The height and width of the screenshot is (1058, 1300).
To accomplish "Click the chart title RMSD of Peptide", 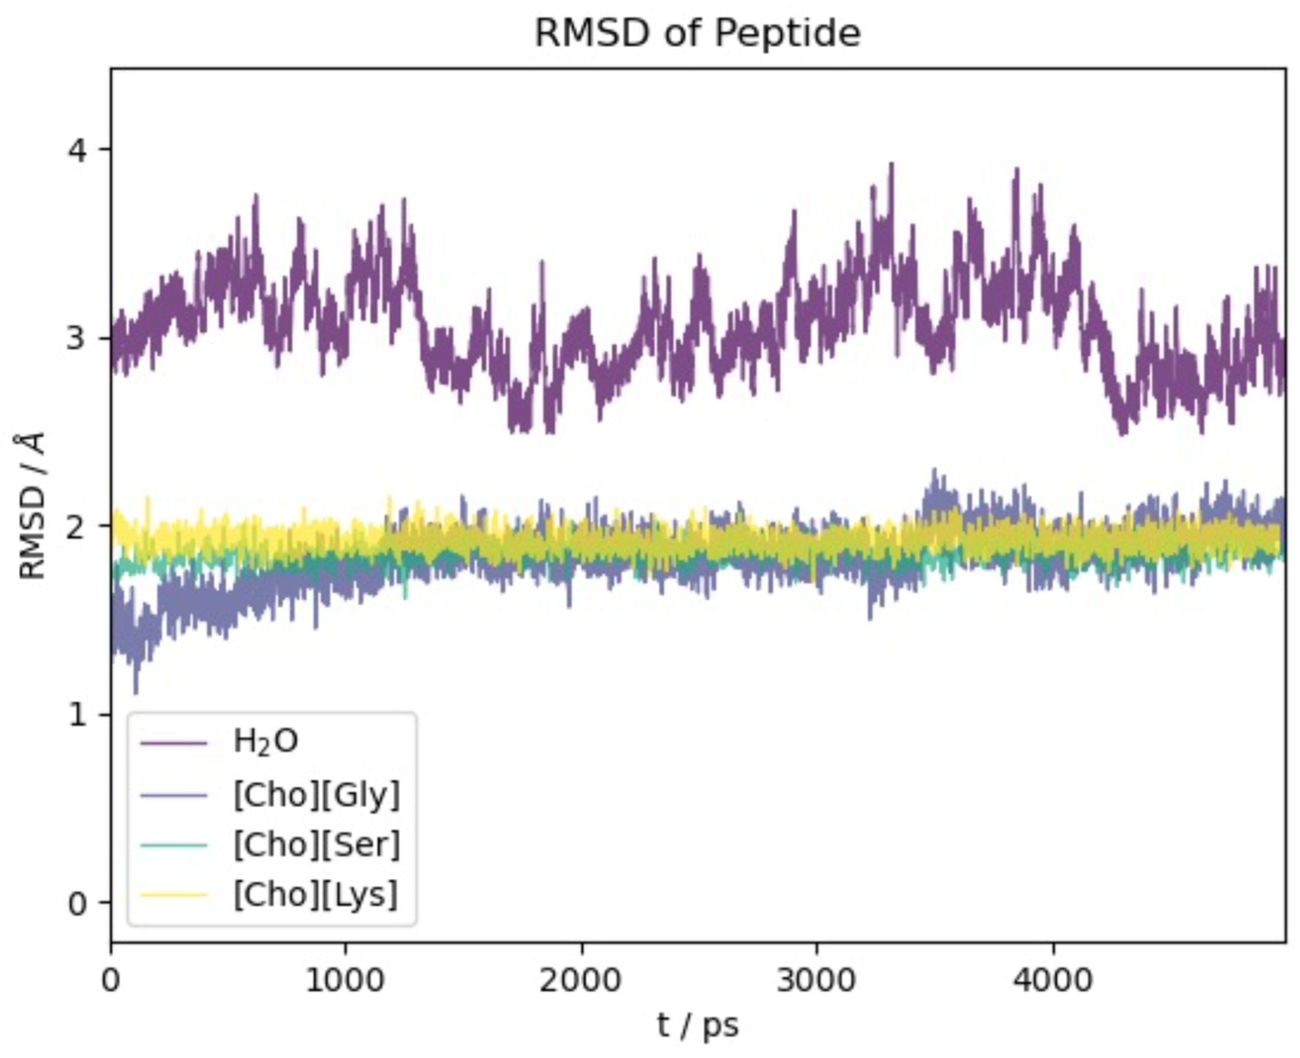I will (x=697, y=32).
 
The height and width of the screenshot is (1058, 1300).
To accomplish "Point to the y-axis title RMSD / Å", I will (x=32, y=506).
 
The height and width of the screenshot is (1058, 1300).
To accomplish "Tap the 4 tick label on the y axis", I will (x=77, y=149).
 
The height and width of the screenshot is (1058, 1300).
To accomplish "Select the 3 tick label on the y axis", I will (x=77, y=338).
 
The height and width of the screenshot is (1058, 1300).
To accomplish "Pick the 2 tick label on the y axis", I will (x=77, y=526).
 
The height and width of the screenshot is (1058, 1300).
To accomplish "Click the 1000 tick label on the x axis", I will (x=346, y=981).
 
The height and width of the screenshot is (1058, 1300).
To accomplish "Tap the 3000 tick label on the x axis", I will (x=817, y=981).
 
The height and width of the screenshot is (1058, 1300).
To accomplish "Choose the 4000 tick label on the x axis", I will (x=1053, y=981).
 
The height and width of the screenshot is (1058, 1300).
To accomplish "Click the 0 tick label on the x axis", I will (x=111, y=981).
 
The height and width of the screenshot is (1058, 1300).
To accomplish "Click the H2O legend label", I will (x=266, y=742).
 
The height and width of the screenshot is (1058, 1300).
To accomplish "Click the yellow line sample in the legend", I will (x=174, y=895).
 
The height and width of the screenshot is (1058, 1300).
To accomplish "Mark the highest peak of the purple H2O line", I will (x=892, y=163).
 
